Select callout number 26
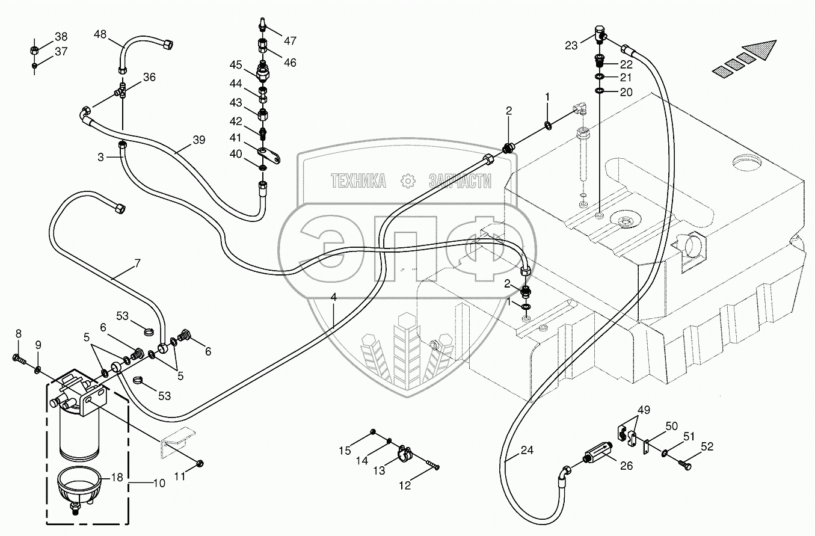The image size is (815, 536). coord(626,465)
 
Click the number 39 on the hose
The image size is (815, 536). coord(199,140)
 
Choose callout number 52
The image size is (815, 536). coord(707,447)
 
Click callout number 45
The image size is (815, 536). coord(236,64)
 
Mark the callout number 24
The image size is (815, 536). coord(527,449)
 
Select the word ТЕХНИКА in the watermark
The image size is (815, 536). coord(359,180)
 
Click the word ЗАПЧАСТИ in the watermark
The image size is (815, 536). coord(460,180)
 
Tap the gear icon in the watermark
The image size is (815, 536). coord(408,180)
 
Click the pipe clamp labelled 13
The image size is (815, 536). coord(404,453)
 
